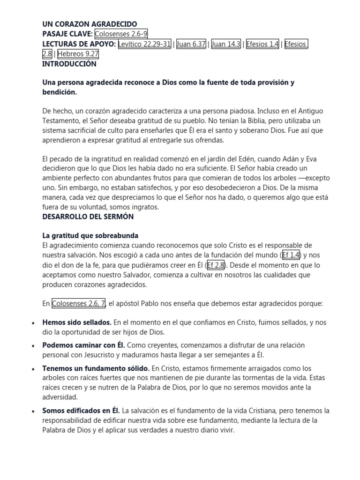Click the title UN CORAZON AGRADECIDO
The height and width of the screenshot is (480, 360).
[90, 24]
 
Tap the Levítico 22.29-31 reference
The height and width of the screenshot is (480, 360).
[144, 44]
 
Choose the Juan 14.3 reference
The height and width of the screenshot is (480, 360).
[226, 44]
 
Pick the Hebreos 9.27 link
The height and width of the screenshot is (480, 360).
[78, 54]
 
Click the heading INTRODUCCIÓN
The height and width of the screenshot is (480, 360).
[69, 64]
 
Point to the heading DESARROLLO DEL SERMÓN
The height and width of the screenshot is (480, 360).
[88, 217]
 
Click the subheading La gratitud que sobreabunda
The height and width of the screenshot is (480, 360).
[90, 235]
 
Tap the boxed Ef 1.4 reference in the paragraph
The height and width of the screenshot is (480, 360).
[291, 255]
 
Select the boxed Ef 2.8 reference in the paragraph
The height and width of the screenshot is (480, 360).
[216, 265]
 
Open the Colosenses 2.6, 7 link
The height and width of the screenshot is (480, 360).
[79, 304]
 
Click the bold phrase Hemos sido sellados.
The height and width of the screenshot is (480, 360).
[76, 322]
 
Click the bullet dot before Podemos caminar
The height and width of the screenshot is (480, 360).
[33, 346]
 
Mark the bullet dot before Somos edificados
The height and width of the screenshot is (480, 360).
[33, 411]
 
